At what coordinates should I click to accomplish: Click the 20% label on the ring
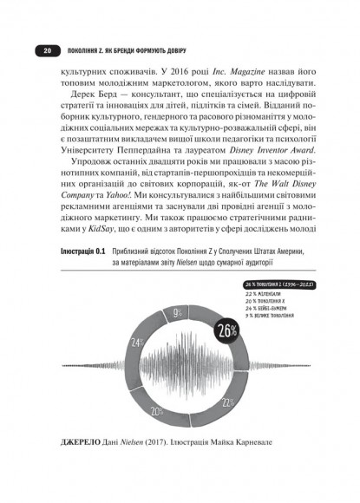(157, 412)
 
